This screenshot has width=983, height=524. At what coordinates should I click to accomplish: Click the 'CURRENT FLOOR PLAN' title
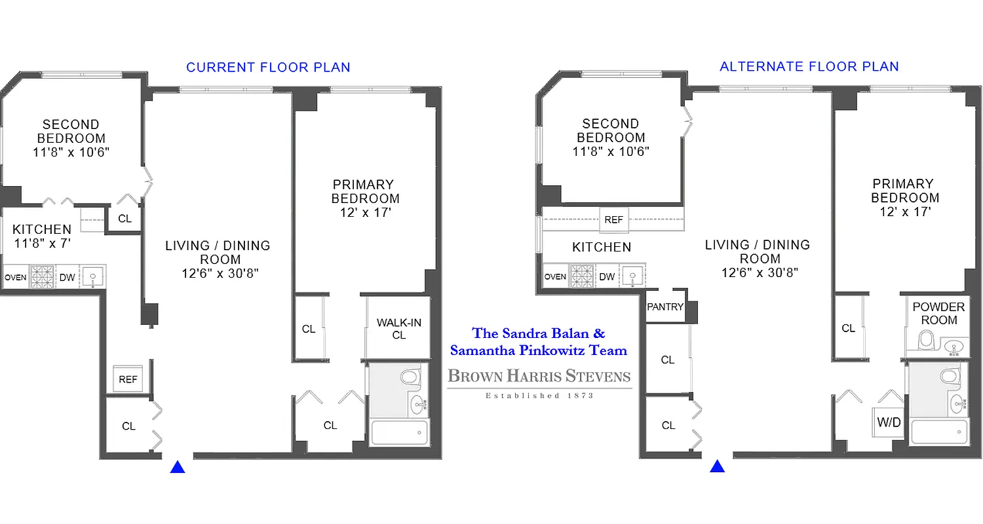coord(268,67)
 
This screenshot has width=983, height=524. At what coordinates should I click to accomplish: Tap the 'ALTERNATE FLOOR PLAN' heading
coord(809,67)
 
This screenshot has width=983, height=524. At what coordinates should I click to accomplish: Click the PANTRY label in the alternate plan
coord(665,307)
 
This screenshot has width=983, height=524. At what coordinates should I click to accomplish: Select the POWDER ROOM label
coord(938,313)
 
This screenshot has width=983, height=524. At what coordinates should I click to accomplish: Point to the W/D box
coord(889,422)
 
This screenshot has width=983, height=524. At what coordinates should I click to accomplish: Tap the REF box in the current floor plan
coord(128,379)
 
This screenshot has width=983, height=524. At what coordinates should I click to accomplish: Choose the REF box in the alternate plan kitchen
coord(613,220)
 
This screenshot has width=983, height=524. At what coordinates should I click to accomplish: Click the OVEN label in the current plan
coord(15,277)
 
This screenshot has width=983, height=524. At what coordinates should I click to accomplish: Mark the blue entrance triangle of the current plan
coord(178,467)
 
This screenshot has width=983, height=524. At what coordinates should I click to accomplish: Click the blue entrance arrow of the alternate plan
coord(718,466)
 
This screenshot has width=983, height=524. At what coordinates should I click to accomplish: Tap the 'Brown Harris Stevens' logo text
coord(539,377)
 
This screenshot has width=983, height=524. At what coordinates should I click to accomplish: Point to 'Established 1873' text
coord(539,396)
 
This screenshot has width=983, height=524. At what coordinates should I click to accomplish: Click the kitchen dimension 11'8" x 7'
coord(42,243)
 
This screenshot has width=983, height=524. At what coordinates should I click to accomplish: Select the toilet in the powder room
coord(926,340)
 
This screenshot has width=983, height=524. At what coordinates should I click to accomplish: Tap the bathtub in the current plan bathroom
coord(400,433)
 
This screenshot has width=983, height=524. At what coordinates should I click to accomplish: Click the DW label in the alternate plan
coord(607,277)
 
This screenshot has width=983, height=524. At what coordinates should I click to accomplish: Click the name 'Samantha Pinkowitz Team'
coord(539,350)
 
